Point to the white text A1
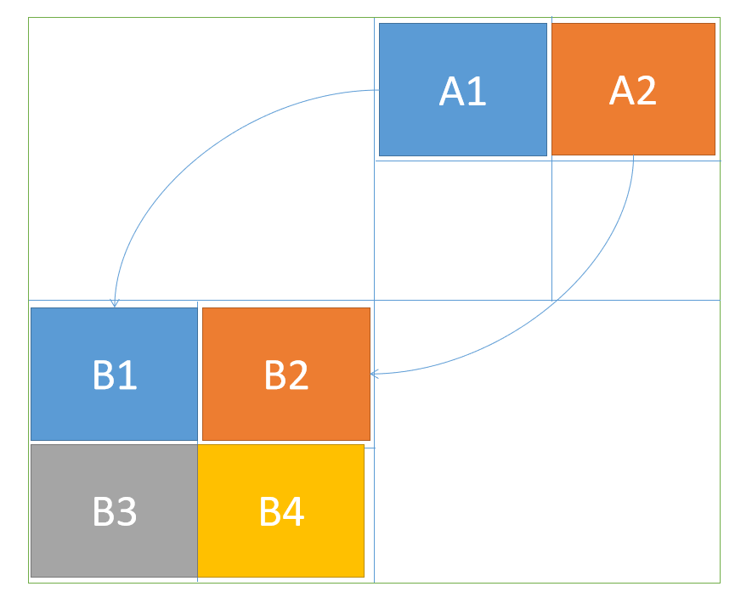click(462, 91)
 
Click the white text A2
click(633, 91)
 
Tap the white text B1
click(115, 375)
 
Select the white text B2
click(286, 375)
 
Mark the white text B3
click(115, 512)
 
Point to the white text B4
click(281, 512)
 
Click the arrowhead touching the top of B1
click(114, 303)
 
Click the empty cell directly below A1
click(462, 229)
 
